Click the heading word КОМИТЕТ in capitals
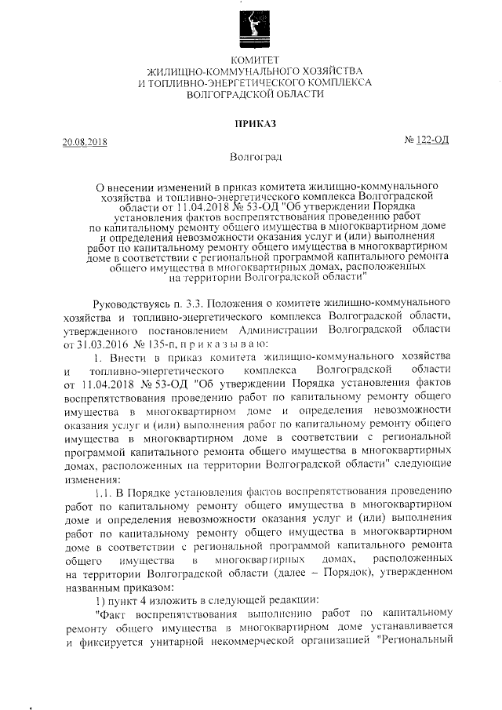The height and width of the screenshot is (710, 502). coord(250,60)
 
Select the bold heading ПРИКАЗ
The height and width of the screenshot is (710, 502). coord(250,123)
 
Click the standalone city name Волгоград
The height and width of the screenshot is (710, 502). coord(250,157)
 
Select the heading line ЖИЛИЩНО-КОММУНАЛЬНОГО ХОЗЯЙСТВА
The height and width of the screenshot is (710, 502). coord(250,71)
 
